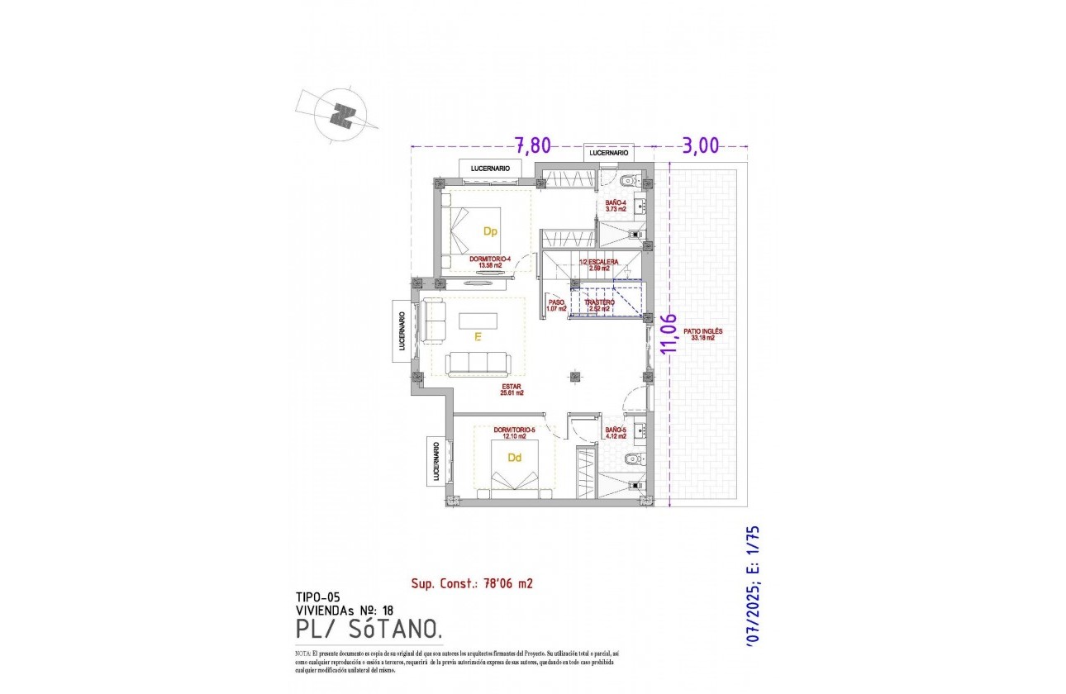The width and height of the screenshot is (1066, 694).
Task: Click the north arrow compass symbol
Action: click(340, 115)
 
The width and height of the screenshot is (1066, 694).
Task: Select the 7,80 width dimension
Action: click(533, 146)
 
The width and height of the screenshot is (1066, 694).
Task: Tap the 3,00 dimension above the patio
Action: click(702, 146)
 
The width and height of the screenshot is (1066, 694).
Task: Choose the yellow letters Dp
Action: click(490, 232)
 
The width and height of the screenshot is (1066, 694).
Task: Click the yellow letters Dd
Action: click(514, 458)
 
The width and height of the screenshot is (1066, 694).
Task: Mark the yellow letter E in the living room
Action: click(477, 337)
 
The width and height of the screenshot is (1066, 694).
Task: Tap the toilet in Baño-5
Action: click(632, 459)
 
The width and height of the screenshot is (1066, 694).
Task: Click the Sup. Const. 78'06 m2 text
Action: click(472, 583)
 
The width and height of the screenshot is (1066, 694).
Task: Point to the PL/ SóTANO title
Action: click(367, 630)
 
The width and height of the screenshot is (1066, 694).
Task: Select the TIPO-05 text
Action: click(317, 597)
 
